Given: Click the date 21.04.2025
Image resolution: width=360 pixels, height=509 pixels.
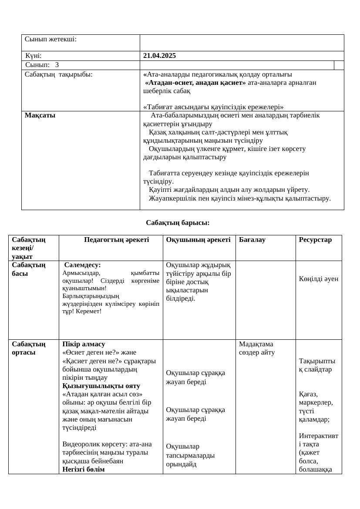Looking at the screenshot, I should pyautogui.click(x=159, y=56).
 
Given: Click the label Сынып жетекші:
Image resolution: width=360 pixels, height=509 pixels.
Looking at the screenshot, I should pyautogui.click(x=50, y=39).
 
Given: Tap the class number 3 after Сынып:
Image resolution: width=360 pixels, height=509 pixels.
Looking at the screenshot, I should pyautogui.click(x=57, y=65).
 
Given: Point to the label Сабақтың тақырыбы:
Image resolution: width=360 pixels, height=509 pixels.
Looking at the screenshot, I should pyautogui.click(x=59, y=74).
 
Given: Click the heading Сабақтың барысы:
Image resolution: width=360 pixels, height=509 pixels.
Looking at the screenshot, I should pyautogui.click(x=178, y=223).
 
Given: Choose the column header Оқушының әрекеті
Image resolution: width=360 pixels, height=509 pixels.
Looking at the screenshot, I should pyautogui.click(x=198, y=239).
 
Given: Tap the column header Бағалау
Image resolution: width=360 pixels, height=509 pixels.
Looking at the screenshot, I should pyautogui.click(x=252, y=239).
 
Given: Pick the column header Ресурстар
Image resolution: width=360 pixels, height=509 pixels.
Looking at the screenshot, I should pyautogui.click(x=315, y=239).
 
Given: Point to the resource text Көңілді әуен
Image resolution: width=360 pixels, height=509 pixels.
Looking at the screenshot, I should pyautogui.click(x=318, y=279).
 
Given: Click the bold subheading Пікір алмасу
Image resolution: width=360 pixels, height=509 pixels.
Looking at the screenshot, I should pyautogui.click(x=84, y=344).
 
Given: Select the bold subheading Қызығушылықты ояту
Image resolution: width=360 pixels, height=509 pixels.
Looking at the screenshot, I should pyautogui.click(x=101, y=385).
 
